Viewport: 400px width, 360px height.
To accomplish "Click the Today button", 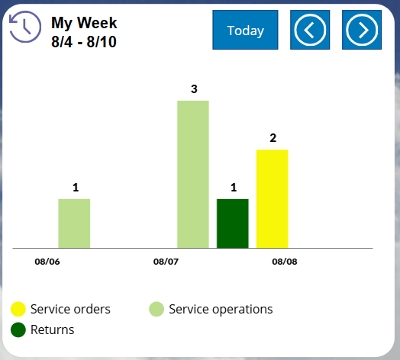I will (245, 31).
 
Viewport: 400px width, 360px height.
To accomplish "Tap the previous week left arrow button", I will (310, 31).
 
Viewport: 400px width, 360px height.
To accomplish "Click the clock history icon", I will (24, 27).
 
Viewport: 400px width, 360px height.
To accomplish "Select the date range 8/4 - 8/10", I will (84, 42).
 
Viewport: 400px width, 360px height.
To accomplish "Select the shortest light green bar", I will (74, 223).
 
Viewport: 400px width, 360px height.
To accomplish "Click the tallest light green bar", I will (193, 174).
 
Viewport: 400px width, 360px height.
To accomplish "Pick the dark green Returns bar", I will (233, 223).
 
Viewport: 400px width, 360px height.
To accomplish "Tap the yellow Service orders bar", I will (272, 198).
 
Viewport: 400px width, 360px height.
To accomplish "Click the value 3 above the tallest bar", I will (194, 89).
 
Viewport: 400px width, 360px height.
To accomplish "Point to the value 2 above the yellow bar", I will (273, 138).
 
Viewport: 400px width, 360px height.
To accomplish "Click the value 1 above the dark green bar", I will (234, 188).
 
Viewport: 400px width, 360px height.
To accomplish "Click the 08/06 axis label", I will (47, 261).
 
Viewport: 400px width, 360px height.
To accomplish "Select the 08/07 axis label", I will (166, 261).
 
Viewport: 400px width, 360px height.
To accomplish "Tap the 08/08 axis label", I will (285, 261).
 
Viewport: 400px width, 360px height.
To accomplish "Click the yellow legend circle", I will (18, 309).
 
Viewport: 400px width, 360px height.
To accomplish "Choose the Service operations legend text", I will (221, 309).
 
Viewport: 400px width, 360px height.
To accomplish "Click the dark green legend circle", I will (18, 329).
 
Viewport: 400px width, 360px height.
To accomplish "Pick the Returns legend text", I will (52, 329).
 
